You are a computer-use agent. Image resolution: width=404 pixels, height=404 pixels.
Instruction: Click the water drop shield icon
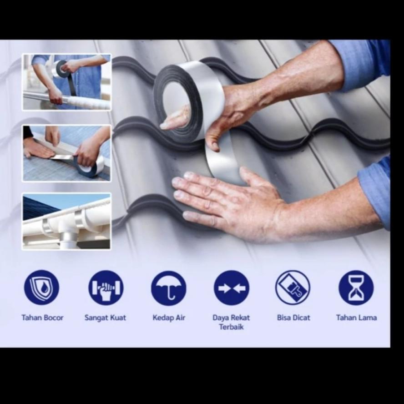click(41, 288)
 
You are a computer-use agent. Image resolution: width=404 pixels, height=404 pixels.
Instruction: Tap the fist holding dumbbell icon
click(106, 288)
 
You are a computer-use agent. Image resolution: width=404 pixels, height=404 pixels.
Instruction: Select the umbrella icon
click(169, 288)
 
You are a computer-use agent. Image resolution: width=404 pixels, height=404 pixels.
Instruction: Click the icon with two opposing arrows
click(232, 288)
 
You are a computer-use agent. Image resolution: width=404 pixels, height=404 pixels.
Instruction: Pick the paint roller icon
click(293, 288)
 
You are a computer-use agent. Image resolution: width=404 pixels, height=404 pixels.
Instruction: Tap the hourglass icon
click(356, 288)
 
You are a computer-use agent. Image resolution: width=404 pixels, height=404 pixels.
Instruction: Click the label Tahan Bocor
click(42, 318)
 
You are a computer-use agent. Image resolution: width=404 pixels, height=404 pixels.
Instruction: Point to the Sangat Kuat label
click(105, 318)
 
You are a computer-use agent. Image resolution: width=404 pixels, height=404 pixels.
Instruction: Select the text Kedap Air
click(169, 318)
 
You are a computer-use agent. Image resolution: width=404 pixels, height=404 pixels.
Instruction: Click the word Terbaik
click(231, 327)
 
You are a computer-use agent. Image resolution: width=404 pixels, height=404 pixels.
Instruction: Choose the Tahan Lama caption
click(356, 318)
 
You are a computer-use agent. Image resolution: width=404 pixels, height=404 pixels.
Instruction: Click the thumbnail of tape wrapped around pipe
click(66, 82)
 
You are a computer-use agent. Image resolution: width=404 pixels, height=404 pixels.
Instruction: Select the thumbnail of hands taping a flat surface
click(66, 153)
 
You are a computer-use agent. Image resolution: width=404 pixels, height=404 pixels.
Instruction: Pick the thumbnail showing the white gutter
click(66, 222)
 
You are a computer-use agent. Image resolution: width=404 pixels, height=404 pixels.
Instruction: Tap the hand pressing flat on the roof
click(227, 200)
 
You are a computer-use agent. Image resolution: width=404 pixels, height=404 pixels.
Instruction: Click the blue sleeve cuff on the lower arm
click(375, 191)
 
